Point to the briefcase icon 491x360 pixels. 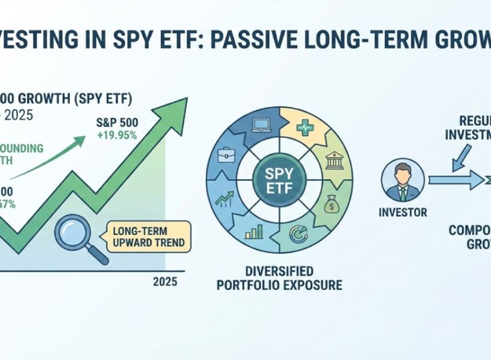click(227, 155)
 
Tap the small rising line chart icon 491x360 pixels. click(223, 200)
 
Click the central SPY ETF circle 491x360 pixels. click(279, 178)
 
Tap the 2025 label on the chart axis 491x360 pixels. click(165, 282)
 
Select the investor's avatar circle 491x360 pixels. click(403, 180)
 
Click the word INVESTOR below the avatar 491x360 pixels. click(403, 213)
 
